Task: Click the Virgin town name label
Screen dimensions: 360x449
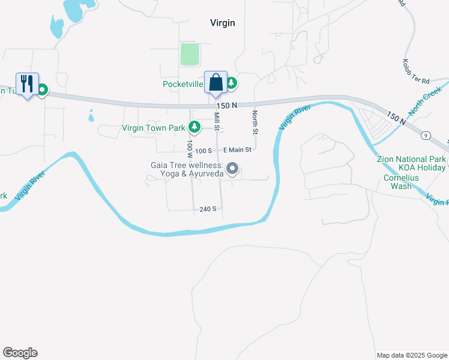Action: click(x=222, y=23)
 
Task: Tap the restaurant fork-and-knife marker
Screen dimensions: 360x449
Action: click(x=26, y=84)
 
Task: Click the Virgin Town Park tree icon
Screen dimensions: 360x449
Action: click(x=194, y=127)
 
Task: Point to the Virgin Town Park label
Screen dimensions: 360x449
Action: click(x=154, y=127)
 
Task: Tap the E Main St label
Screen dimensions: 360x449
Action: click(x=237, y=150)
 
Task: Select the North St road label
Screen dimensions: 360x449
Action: click(x=255, y=122)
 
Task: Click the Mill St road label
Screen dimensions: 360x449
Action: click(x=217, y=120)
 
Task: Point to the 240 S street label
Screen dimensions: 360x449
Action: click(x=208, y=209)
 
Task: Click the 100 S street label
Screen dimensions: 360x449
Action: click(x=204, y=150)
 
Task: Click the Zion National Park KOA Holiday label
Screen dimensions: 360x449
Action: click(x=411, y=163)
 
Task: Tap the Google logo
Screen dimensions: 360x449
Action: click(x=20, y=353)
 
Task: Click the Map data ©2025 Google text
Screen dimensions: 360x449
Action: click(x=411, y=355)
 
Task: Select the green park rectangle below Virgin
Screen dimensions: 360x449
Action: click(x=190, y=55)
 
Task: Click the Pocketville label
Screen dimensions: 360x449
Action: click(x=183, y=84)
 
